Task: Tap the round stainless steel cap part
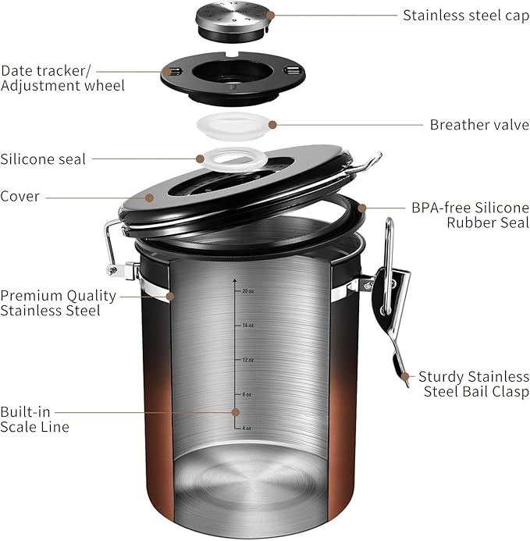(x=232, y=18)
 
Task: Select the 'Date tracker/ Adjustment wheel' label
(x=62, y=77)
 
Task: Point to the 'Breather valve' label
(x=479, y=124)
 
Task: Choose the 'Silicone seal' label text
(x=44, y=158)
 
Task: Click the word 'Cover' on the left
(x=20, y=197)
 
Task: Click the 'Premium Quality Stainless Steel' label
(x=58, y=303)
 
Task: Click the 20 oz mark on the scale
(x=247, y=290)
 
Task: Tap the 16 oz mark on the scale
(x=247, y=325)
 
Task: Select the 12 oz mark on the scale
(x=247, y=360)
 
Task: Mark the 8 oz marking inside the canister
(x=246, y=395)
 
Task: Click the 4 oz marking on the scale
(x=246, y=428)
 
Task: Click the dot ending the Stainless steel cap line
(x=271, y=15)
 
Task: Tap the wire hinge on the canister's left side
(x=112, y=250)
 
